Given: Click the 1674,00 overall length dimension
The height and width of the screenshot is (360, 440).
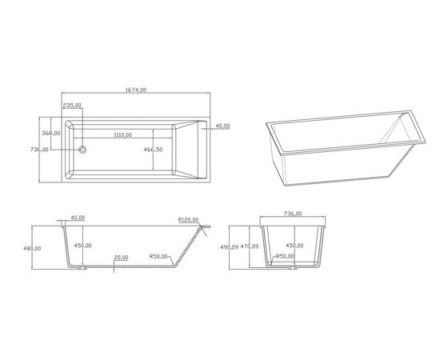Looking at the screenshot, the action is tap(136, 90).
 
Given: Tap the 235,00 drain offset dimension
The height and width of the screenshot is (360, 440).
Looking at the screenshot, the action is tap(72, 106).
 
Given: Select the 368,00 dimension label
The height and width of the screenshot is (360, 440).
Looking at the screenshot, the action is tap(51, 133).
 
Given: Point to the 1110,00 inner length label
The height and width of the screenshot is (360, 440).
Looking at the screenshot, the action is tap(122, 135).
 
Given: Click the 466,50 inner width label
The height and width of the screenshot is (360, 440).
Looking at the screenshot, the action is tap(154, 150).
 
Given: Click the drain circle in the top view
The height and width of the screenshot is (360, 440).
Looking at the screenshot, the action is tap(82, 150).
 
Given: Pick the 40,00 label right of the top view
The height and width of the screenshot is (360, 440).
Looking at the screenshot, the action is tap(222, 126).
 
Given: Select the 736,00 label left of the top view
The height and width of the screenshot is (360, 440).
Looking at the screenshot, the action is tap(39, 150).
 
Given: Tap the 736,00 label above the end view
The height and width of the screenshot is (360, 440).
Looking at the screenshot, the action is tap(293, 214).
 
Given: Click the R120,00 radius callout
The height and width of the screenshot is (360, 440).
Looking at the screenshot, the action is tap(188, 220).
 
